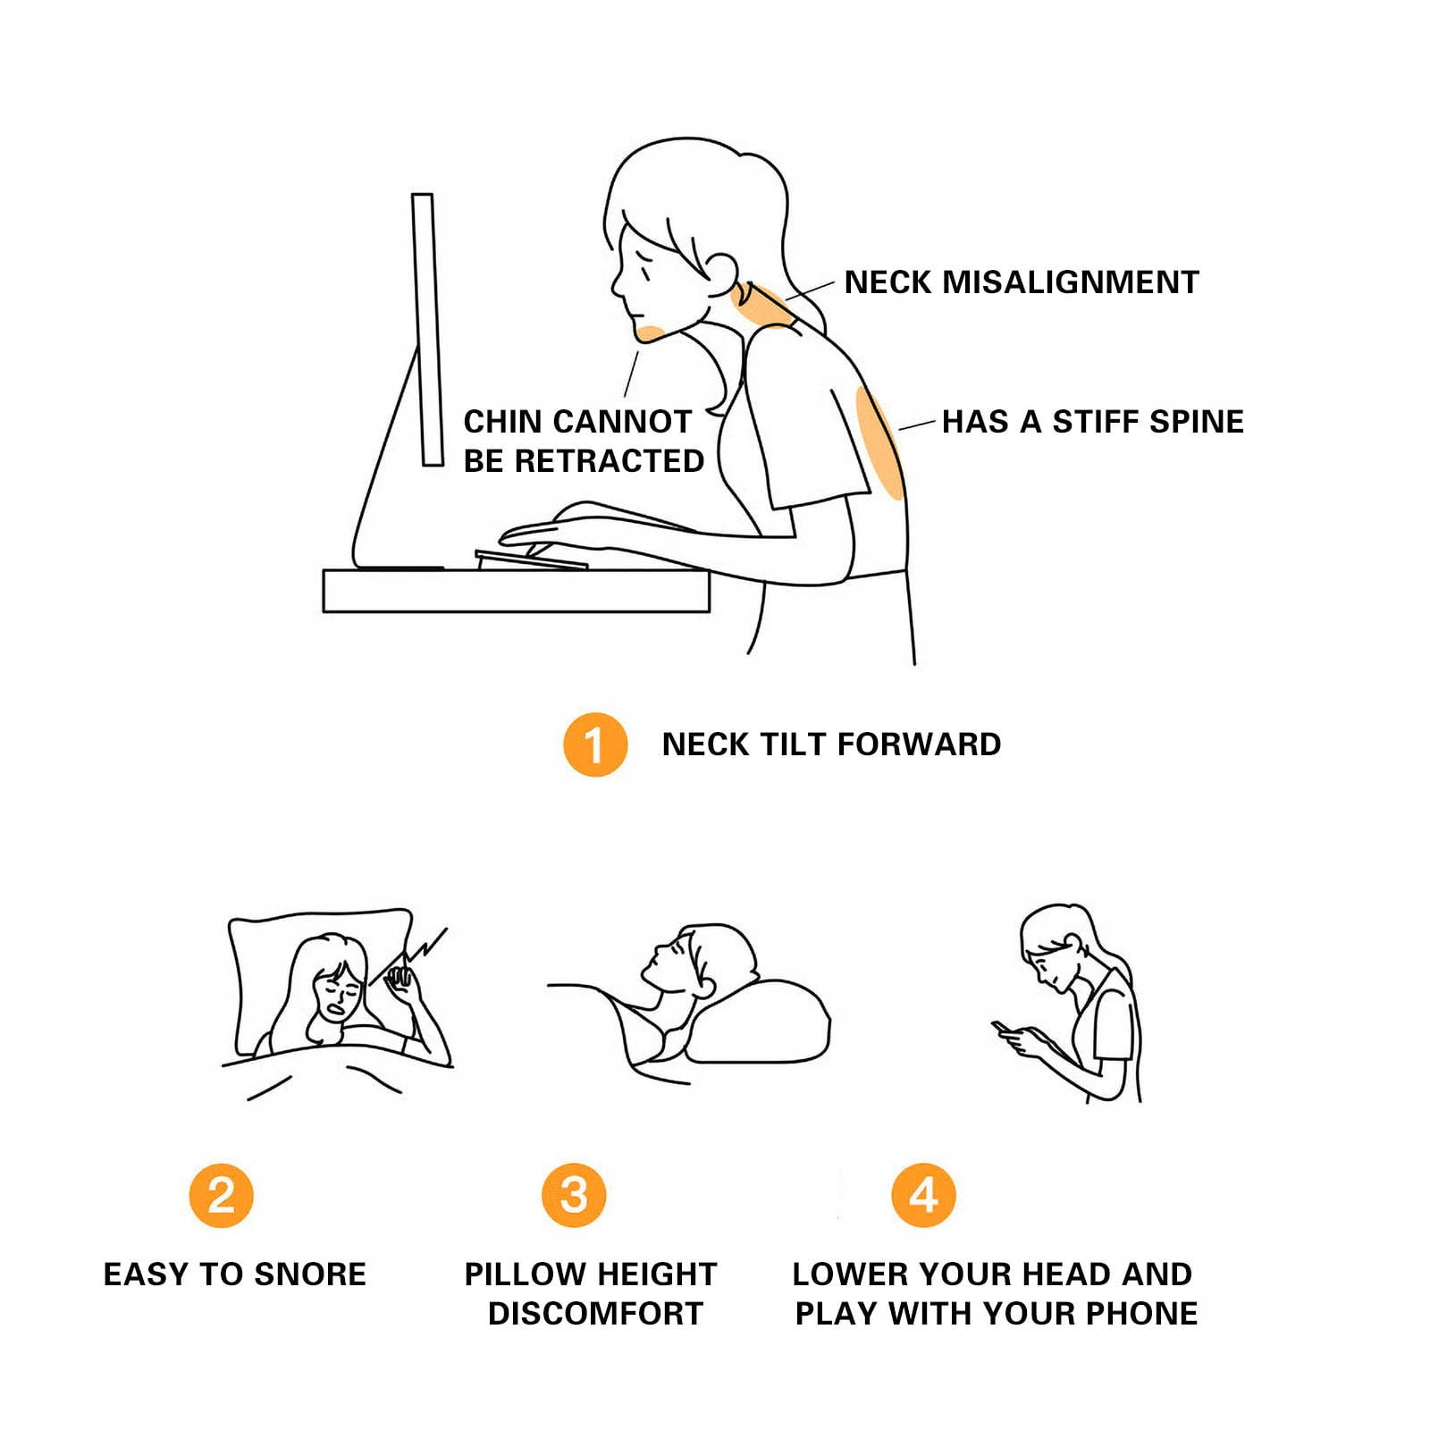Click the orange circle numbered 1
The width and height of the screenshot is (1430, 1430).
(x=595, y=744)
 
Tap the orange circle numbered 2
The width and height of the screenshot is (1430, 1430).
(x=222, y=1195)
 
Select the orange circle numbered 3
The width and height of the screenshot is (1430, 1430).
(x=574, y=1195)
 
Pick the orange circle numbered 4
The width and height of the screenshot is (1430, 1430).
(x=923, y=1195)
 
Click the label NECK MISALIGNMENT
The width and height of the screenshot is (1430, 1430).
(x=1022, y=282)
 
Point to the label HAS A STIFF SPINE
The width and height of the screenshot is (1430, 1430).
(x=1093, y=422)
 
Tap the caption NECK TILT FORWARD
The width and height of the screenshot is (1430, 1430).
(x=831, y=744)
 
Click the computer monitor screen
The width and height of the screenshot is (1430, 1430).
(x=427, y=329)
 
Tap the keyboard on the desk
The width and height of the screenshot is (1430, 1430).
(x=531, y=559)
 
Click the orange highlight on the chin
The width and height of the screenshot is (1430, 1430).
(x=651, y=333)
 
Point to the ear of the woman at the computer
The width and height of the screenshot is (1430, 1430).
(x=720, y=273)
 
